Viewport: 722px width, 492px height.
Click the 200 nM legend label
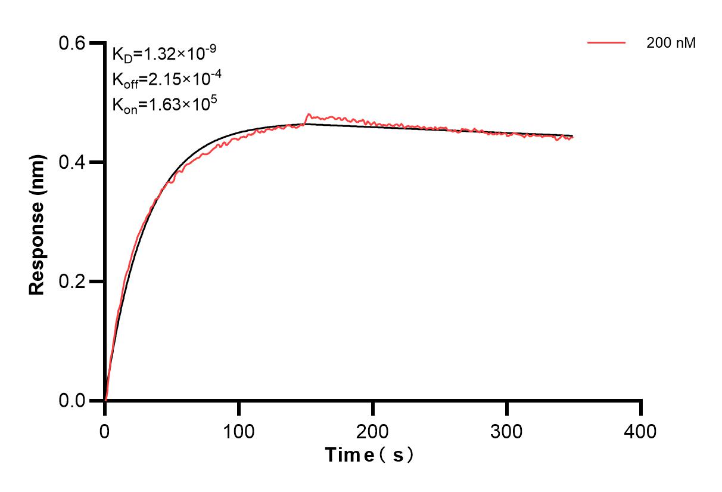[671, 43]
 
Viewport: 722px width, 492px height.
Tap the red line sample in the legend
[606, 43]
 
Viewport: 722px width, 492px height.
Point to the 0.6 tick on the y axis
[72, 43]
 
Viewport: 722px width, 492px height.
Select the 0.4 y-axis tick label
[72, 162]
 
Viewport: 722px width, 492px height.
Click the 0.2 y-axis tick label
[72, 281]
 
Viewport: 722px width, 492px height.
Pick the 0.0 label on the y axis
[72, 401]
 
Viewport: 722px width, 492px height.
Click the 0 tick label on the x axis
[105, 431]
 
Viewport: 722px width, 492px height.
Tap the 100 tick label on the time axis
[239, 431]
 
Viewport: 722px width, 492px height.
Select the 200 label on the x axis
[373, 431]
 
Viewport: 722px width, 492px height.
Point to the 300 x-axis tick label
[507, 431]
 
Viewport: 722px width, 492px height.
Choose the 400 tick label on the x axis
[641, 431]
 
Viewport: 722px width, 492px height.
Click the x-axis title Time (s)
[369, 456]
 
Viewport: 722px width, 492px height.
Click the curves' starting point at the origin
[105, 400]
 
